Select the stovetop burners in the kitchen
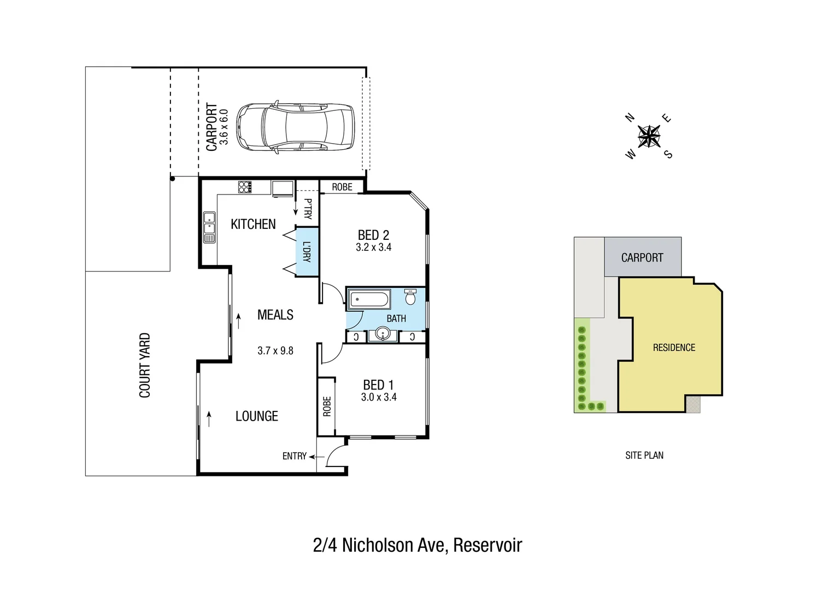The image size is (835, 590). tap(245, 187)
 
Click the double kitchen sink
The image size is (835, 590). tap(209, 227)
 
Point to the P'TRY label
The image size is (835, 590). tap(308, 209)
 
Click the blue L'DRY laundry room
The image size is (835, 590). tap(307, 252)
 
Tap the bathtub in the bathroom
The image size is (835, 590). tap(369, 299)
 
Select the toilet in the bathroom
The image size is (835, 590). tap(410, 297)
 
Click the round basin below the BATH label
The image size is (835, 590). tap(383, 334)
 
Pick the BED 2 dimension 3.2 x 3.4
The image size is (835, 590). tap(373, 247)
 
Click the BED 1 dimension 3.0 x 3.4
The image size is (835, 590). tap(379, 397)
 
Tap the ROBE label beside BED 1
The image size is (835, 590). tap(327, 406)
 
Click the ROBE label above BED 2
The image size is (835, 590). tap(342, 187)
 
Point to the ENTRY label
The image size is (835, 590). tap(294, 456)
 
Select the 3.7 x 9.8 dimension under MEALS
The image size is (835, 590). tap(275, 351)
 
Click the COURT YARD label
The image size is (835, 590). tap(144, 365)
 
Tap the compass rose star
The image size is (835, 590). tap(649, 136)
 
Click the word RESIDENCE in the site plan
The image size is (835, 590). tap(674, 347)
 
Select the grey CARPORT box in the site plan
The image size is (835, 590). tap(642, 257)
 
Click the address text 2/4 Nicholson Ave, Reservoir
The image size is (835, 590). tap(417, 545)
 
